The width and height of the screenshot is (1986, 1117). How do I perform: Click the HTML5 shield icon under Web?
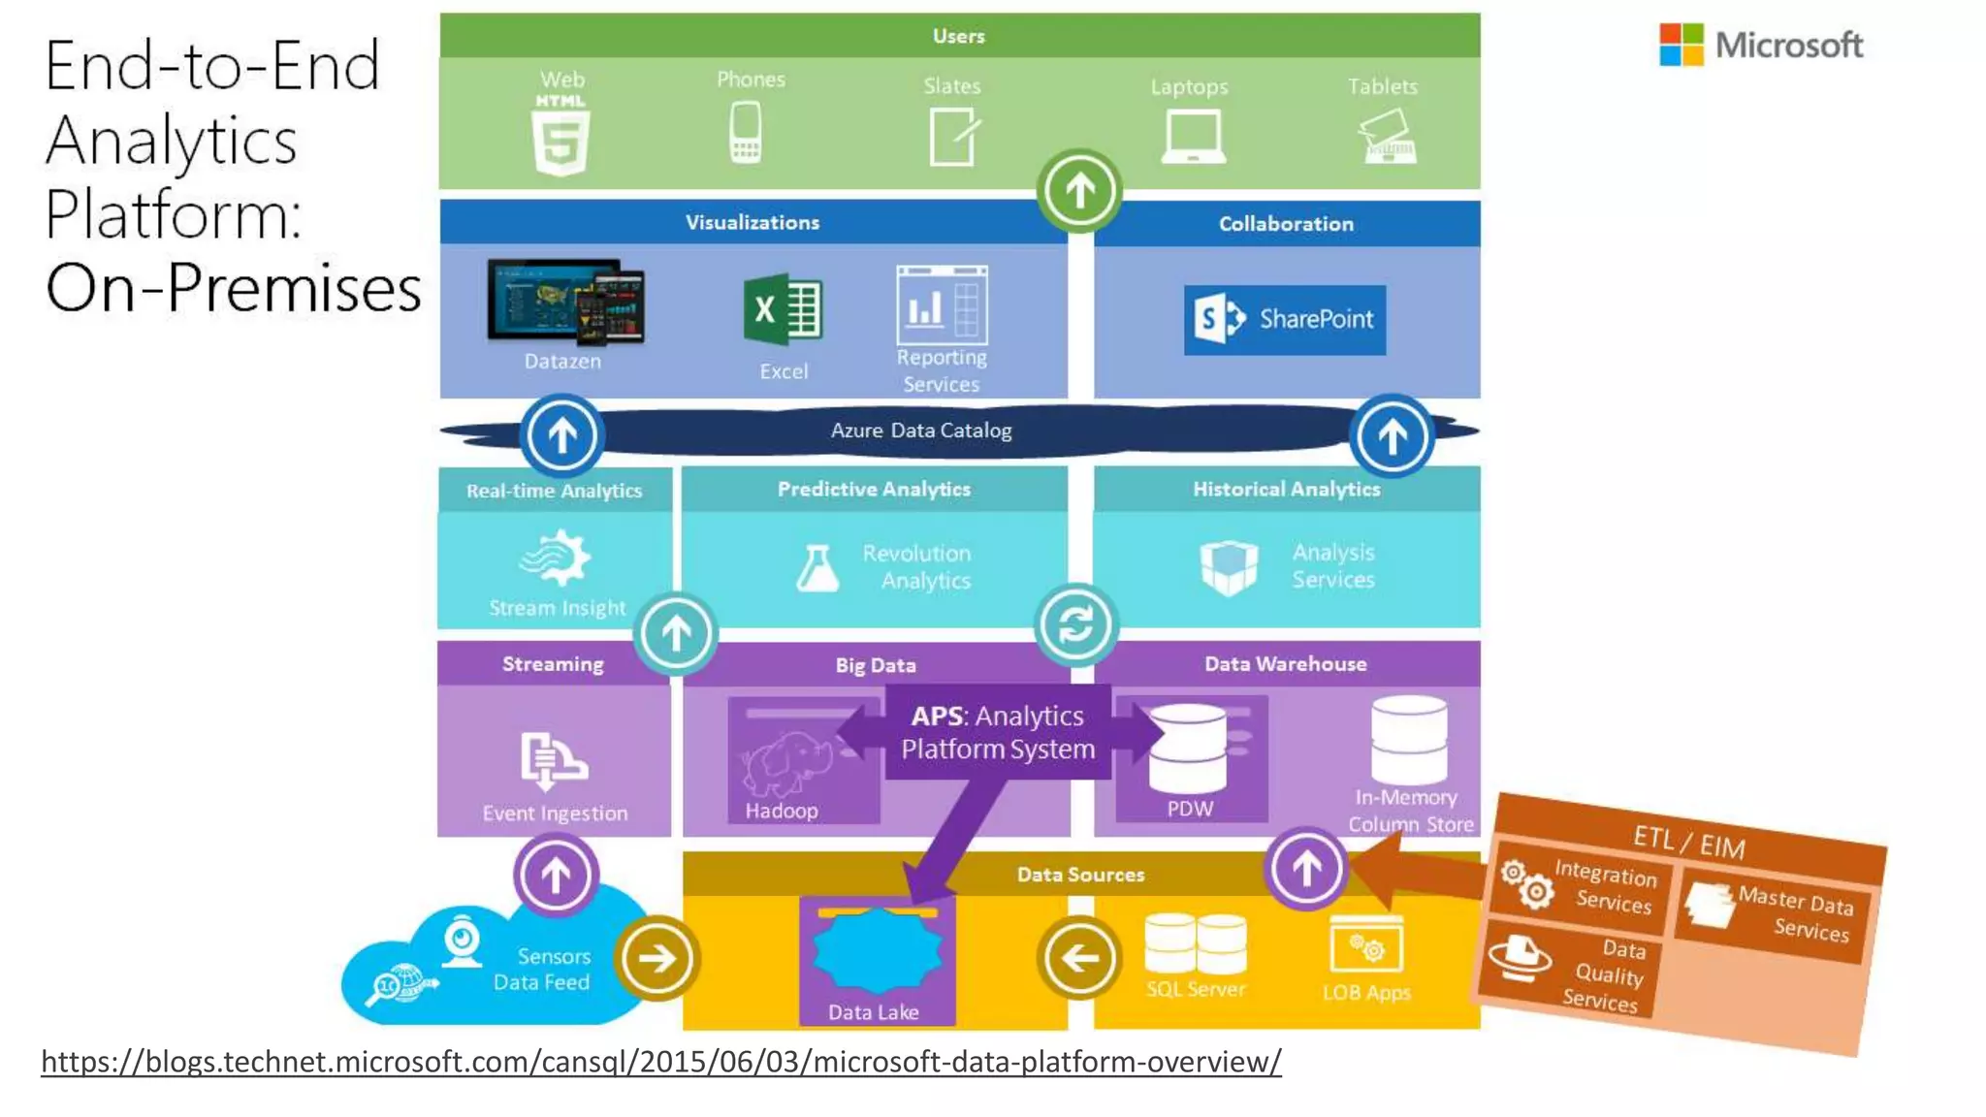coord(561,142)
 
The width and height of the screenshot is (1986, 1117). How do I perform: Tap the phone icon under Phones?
coord(745,133)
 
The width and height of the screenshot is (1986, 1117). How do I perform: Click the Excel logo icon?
coord(783,310)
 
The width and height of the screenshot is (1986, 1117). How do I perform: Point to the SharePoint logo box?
coord(1284,320)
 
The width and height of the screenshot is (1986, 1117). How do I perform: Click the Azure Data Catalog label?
coord(920,431)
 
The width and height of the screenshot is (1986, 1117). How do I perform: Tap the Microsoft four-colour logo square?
coord(1681,45)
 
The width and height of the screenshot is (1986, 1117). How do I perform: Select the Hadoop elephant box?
coord(803,760)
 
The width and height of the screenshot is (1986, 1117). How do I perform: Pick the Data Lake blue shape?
coord(877,952)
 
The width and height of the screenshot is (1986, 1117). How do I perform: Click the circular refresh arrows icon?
coord(1075,624)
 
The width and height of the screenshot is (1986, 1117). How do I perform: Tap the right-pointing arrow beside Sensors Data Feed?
coord(657,959)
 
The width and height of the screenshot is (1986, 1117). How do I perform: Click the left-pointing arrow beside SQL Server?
coord(1079,959)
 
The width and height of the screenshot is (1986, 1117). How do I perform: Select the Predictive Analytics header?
coord(874,490)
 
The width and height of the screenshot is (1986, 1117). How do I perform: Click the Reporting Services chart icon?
coord(942,306)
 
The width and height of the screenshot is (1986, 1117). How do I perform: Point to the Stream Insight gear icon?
coord(556,558)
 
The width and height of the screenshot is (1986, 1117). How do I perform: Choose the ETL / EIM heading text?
coord(1688,841)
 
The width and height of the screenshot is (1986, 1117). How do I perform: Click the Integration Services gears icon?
coord(1525,883)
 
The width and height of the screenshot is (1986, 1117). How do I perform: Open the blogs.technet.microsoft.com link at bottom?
coord(660,1062)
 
